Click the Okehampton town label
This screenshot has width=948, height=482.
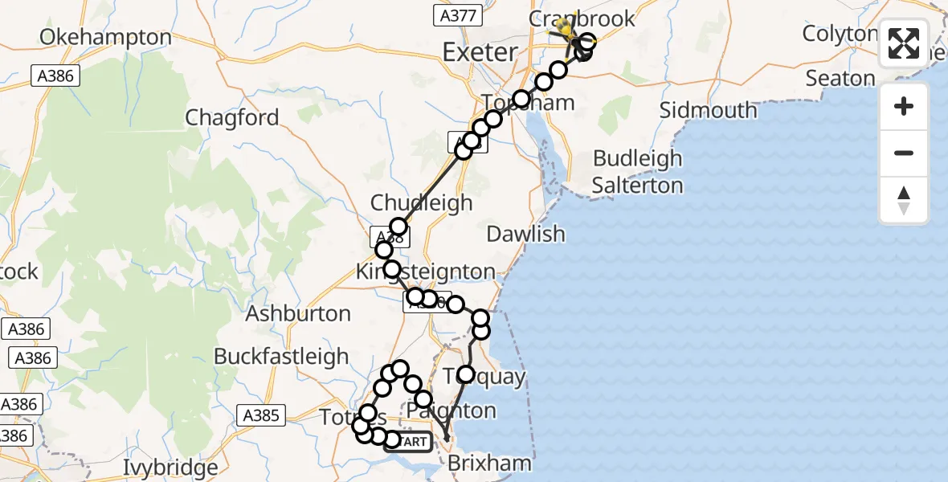105,37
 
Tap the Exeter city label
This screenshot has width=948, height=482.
480,53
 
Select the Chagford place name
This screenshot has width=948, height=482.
232,117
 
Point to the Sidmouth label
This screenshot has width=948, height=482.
708,109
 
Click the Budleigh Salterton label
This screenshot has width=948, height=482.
638,172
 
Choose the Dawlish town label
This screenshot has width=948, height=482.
526,234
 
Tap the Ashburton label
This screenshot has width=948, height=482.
298,313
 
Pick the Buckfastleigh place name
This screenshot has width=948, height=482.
281,356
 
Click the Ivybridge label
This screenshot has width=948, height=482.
171,467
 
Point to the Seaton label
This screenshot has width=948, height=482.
840,78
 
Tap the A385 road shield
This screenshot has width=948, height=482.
260,415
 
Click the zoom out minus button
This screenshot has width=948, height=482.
904,153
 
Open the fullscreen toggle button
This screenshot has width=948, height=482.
904,43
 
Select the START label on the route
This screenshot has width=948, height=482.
413,442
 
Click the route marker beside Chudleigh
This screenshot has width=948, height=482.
398,227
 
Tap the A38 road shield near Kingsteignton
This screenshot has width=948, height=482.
390,237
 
